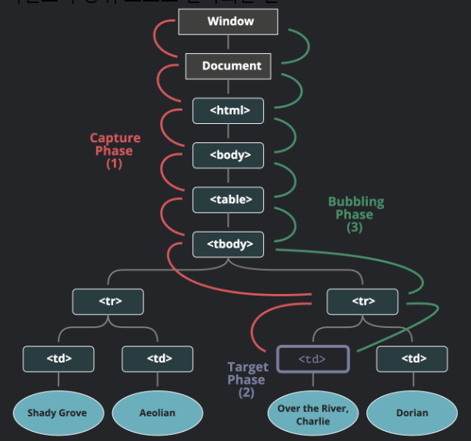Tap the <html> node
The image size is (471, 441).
pos(228,111)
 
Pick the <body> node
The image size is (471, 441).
pos(228,155)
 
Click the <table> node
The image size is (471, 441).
pos(228,200)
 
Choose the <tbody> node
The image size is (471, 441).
pos(228,245)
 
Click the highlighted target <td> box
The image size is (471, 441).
pos(312,359)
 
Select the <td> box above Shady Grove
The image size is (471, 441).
pos(58,359)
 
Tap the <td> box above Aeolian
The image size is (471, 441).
pos(158,359)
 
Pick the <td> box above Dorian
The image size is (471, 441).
pos(412,359)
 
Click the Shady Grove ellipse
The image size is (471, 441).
pos(57,413)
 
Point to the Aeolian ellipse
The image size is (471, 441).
pos(158,413)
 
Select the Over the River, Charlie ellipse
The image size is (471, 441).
pos(312,414)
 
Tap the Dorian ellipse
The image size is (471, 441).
pos(412,413)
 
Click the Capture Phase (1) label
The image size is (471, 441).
pos(115,151)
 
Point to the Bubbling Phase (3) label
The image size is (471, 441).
pos(356,215)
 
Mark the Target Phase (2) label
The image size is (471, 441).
pos(246,379)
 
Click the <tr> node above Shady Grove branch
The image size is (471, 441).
pos(109,301)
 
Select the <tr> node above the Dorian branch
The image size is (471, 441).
pos(362,301)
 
